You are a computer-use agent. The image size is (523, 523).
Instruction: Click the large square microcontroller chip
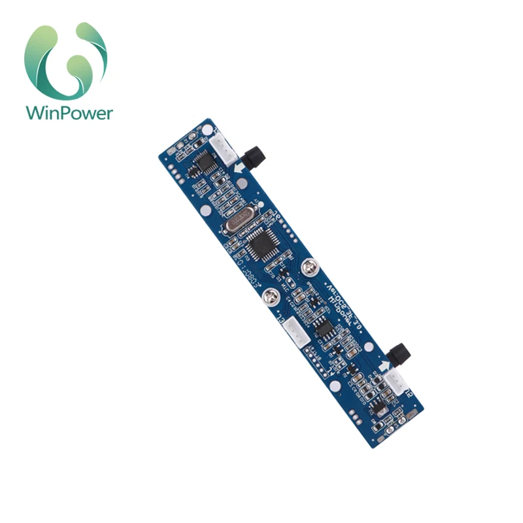click(264, 248)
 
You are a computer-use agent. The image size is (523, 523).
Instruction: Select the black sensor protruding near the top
click(253, 157)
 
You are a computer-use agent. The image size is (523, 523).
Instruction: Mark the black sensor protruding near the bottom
click(399, 355)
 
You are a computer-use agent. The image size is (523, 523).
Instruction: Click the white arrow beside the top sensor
click(239, 169)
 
